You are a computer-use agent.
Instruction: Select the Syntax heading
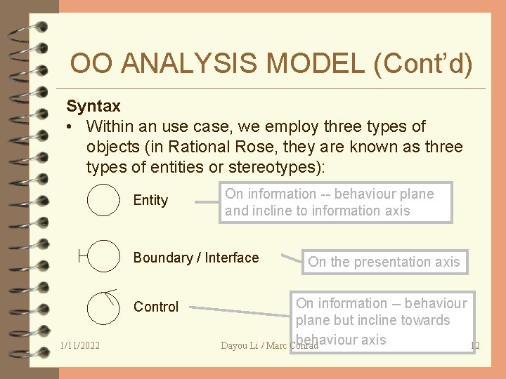click(93, 107)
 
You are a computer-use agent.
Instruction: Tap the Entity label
click(150, 201)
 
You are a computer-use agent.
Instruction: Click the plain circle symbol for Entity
click(103, 199)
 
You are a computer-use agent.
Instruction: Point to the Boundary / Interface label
click(196, 258)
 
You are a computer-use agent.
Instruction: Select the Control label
click(156, 307)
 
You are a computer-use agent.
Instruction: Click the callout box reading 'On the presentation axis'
click(384, 262)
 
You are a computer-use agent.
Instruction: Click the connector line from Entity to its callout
click(205, 202)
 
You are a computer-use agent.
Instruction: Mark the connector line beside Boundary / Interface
click(290, 259)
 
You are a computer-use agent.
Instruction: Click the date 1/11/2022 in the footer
click(80, 346)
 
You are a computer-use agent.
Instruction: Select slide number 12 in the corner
click(474, 345)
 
